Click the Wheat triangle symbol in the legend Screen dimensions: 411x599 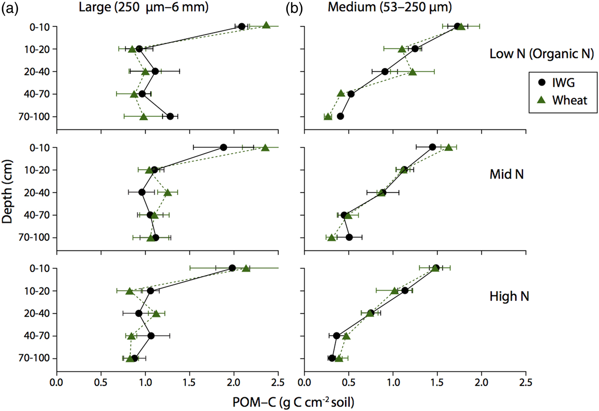pyautogui.click(x=542, y=100)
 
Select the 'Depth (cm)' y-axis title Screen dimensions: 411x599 pyautogui.click(x=7, y=191)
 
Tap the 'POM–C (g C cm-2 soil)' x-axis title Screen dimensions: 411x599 pyautogui.click(x=294, y=402)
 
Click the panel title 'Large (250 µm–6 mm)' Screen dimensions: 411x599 pyautogui.click(x=144, y=7)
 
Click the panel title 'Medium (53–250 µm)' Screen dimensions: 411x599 pyautogui.click(x=390, y=7)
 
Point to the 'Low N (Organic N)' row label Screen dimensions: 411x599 pyautogui.click(x=542, y=54)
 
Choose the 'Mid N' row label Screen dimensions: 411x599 pyautogui.click(x=507, y=174)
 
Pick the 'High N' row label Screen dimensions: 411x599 pyautogui.click(x=509, y=296)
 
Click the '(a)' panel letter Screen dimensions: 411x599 pyautogui.click(x=10, y=8)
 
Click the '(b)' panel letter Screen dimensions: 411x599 pyautogui.click(x=294, y=8)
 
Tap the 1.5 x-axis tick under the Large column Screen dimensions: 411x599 pyautogui.click(x=190, y=382)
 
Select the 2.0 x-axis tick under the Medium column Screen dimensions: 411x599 pyautogui.click(x=481, y=382)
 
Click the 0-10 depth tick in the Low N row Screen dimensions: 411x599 pyautogui.click(x=40, y=27)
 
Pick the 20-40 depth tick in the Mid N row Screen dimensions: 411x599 pyautogui.click(x=37, y=193)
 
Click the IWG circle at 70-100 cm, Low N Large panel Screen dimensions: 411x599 pyautogui.click(x=170, y=116)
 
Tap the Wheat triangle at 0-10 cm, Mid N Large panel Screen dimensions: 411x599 pyautogui.click(x=265, y=148)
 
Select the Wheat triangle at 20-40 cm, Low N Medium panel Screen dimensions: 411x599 pyautogui.click(x=412, y=72)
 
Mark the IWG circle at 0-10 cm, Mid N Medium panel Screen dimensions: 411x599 pyautogui.click(x=433, y=147)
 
